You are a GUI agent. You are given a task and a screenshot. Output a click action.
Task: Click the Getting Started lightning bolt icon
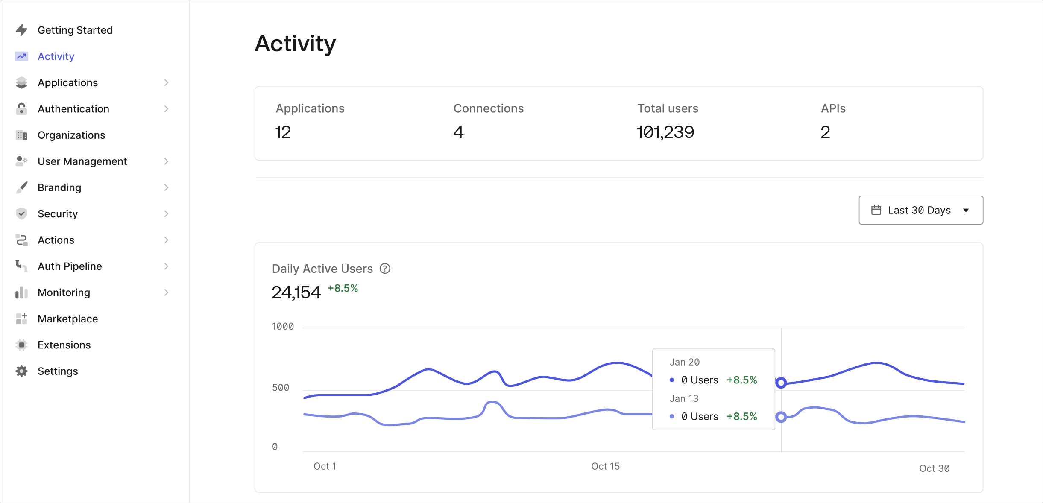[x=21, y=30]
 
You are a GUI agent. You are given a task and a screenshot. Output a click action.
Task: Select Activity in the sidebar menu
[x=56, y=56]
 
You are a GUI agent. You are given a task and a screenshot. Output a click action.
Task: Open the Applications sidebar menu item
[x=67, y=83]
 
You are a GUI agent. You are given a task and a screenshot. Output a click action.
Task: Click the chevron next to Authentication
[x=166, y=109]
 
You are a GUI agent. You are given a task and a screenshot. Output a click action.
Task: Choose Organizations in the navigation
[x=71, y=135]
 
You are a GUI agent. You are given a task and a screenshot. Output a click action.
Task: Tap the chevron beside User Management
[x=166, y=161]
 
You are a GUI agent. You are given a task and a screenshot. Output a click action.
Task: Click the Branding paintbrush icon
[x=21, y=187]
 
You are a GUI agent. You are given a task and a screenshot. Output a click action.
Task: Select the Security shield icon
[x=21, y=213]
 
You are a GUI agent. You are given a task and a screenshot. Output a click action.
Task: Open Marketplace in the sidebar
[x=67, y=319]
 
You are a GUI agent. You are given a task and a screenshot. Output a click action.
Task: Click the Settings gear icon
[x=21, y=371]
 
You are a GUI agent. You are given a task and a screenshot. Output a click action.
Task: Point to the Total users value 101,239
[x=665, y=132]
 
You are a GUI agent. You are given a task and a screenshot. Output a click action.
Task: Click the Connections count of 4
[x=458, y=132]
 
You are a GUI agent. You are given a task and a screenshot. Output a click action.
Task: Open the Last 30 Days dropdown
[x=920, y=210]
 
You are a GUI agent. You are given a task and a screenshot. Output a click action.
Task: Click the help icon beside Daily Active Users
[x=385, y=269]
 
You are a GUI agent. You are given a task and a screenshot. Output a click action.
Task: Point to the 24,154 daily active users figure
[x=296, y=292]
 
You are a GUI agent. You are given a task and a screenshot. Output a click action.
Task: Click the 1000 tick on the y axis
[x=283, y=327]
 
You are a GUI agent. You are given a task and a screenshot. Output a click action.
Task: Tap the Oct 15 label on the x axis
[x=605, y=466]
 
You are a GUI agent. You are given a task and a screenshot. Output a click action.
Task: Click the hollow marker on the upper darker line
[x=781, y=383]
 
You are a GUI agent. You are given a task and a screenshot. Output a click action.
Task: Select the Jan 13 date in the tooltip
[x=684, y=398]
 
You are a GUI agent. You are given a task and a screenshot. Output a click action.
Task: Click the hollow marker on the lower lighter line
[x=781, y=417]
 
